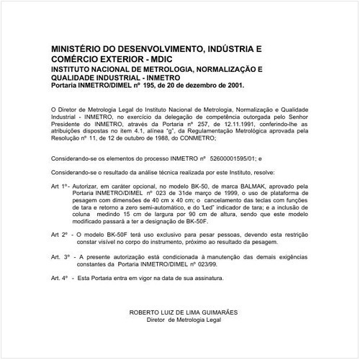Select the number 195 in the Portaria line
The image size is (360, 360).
pyautogui.click(x=149, y=85)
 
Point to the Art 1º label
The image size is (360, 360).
pyautogui.click(x=60, y=185)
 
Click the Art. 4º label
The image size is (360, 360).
pyautogui.click(x=61, y=278)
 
